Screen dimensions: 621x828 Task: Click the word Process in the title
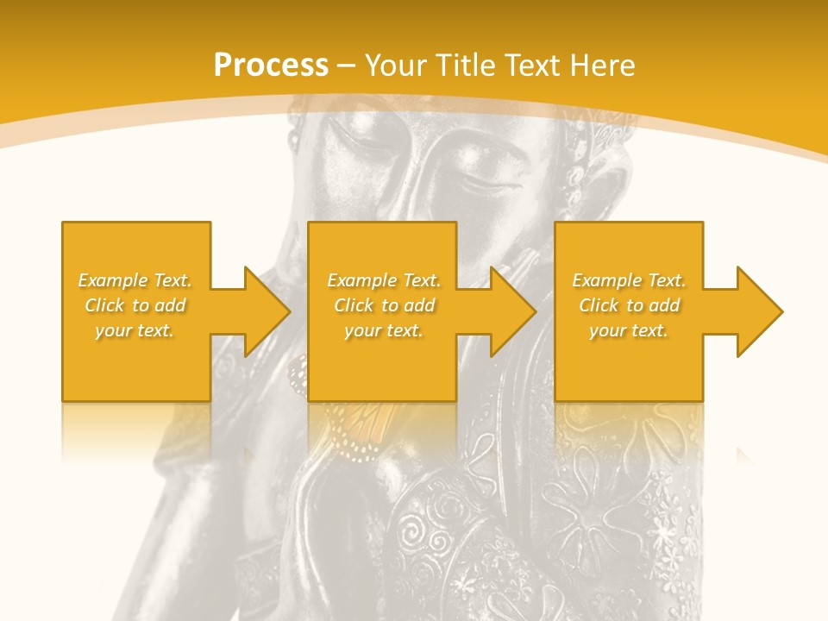(x=271, y=66)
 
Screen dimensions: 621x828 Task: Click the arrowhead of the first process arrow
(x=267, y=311)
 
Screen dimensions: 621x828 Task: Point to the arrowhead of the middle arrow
(x=512, y=311)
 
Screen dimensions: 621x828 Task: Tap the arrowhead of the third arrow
(x=759, y=311)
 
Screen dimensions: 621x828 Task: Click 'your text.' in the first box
(x=135, y=330)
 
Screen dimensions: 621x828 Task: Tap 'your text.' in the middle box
(x=383, y=330)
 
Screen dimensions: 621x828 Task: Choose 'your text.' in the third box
(x=629, y=330)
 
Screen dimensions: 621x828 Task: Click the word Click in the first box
(x=105, y=305)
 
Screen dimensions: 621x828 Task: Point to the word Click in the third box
(x=599, y=305)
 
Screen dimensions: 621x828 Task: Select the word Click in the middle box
(x=354, y=305)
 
